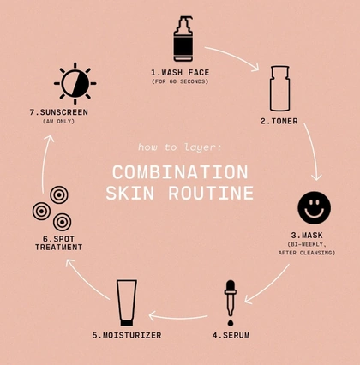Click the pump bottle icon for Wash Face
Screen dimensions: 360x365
coord(183,39)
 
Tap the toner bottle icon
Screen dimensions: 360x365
coord(280,88)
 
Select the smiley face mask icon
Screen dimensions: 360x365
coord(314,207)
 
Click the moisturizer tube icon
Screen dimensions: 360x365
coord(127,302)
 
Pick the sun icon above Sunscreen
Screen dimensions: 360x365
coord(75,83)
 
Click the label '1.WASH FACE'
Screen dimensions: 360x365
coord(180,73)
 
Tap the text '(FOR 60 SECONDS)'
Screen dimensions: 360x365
coord(180,81)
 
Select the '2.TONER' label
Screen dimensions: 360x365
coord(279,121)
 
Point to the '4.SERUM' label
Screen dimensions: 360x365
coord(231,335)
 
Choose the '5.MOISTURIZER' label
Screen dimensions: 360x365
coord(127,335)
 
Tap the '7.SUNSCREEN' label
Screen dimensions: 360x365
coord(59,112)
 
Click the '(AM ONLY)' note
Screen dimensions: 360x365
coord(58,122)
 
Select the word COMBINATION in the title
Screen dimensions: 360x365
coord(180,172)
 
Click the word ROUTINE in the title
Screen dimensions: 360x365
coord(211,193)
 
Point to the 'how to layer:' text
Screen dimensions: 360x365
coord(180,147)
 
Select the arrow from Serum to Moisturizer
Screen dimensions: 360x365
coord(177,317)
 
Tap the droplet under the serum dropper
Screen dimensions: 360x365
coord(231,323)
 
